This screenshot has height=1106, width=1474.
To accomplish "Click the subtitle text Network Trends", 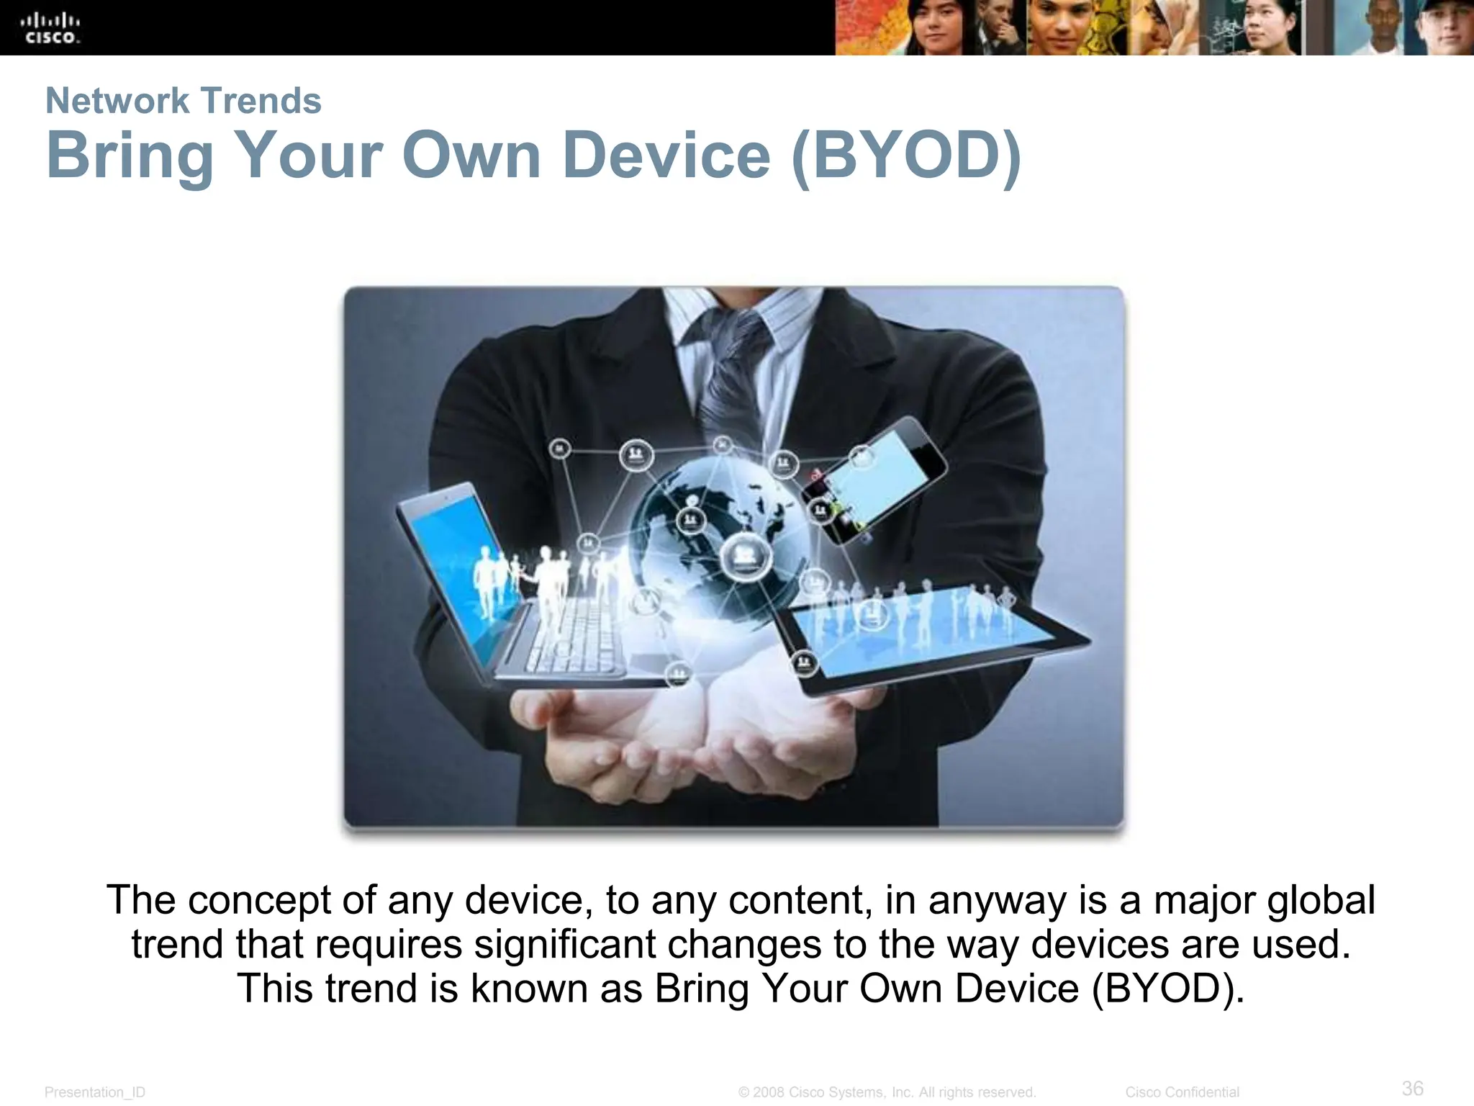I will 184,101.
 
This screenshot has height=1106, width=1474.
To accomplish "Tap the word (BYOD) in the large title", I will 905,156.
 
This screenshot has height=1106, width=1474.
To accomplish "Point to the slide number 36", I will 1412,1088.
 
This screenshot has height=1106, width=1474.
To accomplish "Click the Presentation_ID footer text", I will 95,1092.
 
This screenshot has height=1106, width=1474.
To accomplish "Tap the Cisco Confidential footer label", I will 1182,1092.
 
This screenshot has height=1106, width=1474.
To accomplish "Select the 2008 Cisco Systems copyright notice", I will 887,1092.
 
